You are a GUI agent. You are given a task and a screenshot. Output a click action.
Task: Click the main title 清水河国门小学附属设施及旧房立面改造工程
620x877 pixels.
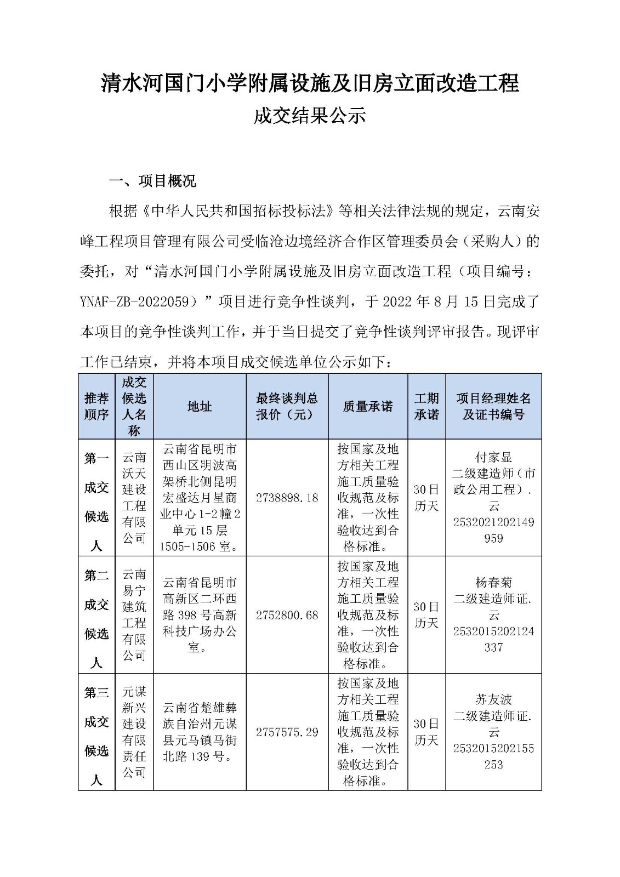(310, 84)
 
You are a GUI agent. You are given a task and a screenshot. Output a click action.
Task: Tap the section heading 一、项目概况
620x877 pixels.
(153, 181)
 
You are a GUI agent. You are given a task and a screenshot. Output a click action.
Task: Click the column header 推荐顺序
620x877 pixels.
(96, 406)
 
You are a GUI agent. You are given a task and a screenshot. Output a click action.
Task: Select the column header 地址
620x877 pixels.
(200, 406)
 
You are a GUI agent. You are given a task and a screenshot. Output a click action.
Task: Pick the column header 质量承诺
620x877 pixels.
(367, 406)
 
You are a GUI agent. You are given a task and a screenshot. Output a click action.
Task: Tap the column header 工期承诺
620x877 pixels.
(426, 406)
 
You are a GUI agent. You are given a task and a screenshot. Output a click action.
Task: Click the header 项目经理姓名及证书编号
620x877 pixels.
(493, 406)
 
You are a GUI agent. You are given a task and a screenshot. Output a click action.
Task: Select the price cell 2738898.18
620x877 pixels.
(287, 498)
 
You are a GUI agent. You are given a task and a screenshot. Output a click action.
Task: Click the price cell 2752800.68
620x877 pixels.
(287, 615)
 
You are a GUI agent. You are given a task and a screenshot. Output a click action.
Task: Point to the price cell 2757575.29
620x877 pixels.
(287, 732)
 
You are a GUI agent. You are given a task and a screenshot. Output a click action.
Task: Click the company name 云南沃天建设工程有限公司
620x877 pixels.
(134, 498)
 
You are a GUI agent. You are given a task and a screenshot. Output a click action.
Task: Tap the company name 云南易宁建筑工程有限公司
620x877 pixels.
(134, 615)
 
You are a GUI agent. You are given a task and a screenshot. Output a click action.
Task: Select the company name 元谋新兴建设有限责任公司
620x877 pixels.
(134, 732)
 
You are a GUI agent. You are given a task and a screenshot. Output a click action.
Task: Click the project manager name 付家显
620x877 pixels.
(493, 457)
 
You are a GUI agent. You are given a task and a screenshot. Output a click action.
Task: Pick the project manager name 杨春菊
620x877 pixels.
(493, 582)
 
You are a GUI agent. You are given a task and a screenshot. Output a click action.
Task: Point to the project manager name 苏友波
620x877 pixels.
(493, 699)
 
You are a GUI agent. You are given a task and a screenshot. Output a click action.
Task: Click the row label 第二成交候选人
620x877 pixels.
(96, 618)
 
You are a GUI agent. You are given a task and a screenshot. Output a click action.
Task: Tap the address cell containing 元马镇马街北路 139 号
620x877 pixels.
(200, 732)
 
